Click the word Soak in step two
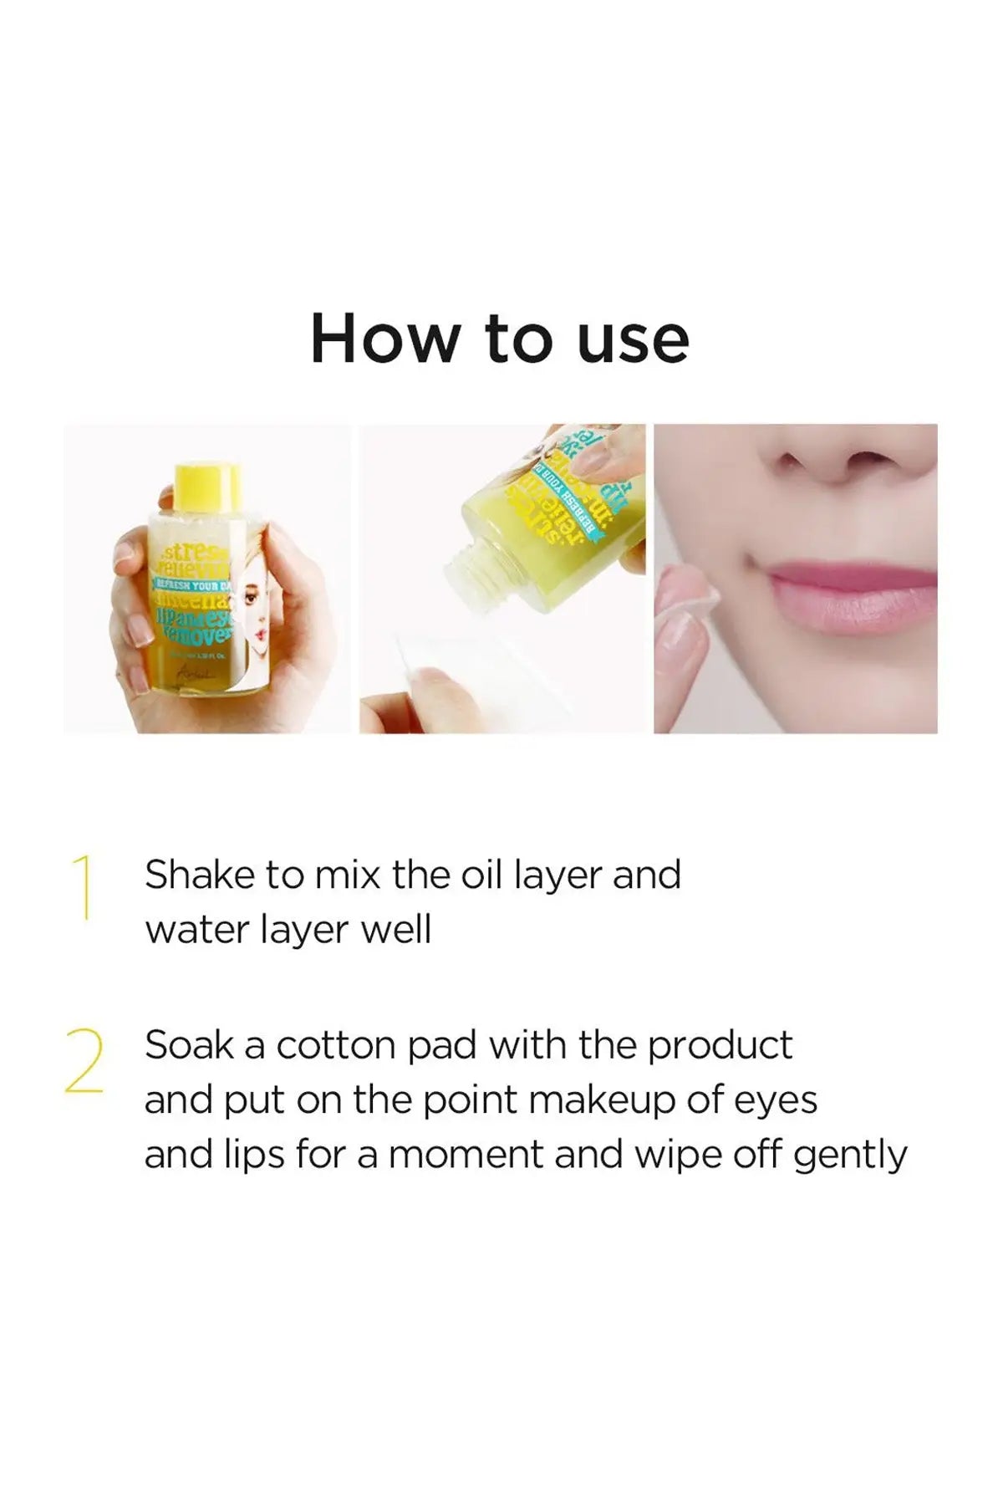pos(189,1045)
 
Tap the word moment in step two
pos(466,1156)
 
